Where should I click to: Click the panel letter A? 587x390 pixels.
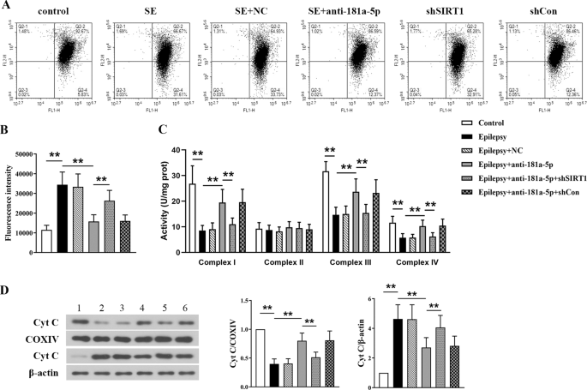(x=7, y=7)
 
